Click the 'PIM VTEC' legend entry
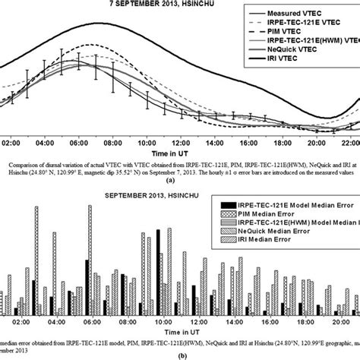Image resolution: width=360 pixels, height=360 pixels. pos(292,38)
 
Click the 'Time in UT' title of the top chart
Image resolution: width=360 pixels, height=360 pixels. pos(180,154)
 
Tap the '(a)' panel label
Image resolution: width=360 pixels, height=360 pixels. pos(180,181)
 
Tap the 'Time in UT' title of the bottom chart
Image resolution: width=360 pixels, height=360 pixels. pos(179,333)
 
